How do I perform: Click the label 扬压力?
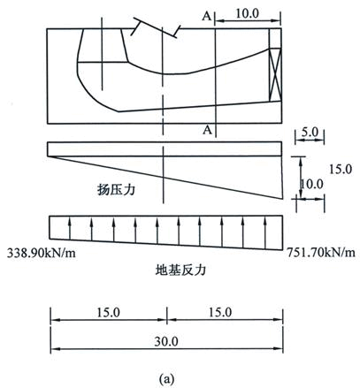[116, 189]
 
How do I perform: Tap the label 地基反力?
[180, 270]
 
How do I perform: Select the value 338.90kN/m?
[42, 253]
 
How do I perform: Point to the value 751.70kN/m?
[321, 252]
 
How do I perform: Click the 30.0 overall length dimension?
[166, 342]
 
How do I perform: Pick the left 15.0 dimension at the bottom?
[108, 313]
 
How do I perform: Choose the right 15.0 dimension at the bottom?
[220, 312]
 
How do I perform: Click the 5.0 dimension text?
[310, 132]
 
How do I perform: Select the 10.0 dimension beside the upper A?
[247, 13]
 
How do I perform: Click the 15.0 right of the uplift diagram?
[341, 170]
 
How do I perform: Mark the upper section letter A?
[207, 17]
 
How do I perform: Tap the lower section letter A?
[207, 129]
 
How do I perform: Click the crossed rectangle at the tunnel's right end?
[275, 75]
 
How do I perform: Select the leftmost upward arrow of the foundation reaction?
[70, 229]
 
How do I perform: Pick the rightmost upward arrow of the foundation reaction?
[265, 233]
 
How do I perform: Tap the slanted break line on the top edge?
[156, 27]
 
